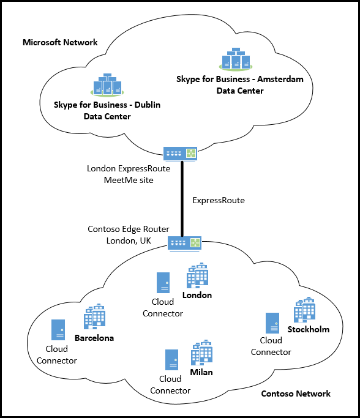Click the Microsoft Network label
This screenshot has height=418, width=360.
click(60, 42)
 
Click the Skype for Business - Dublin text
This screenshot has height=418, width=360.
click(107, 105)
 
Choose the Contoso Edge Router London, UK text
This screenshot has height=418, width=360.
click(128, 234)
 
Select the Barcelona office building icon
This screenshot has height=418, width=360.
click(95, 318)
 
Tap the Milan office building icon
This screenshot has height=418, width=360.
click(201, 353)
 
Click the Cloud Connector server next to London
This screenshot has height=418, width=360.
click(163, 283)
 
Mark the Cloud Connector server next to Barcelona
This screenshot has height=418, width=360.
click(58, 330)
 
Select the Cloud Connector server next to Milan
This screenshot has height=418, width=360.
click(172, 360)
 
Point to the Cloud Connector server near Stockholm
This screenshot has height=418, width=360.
click(272, 323)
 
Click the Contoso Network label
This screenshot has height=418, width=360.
click(296, 394)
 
